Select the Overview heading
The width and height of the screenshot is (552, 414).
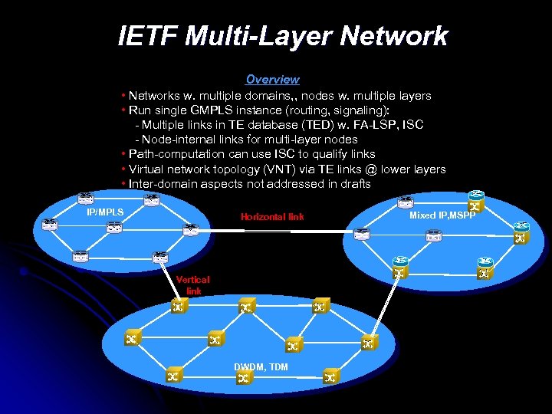(272, 79)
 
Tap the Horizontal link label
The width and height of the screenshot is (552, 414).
(272, 217)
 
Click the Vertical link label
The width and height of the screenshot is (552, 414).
(193, 285)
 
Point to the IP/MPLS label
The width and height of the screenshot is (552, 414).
(105, 211)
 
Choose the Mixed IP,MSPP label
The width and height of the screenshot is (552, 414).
(442, 215)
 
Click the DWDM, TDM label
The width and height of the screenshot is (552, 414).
(261, 367)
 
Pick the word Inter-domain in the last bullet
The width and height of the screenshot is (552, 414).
(163, 184)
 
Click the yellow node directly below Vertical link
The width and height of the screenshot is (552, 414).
(178, 307)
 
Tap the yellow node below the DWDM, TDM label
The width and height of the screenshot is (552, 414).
(244, 379)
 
